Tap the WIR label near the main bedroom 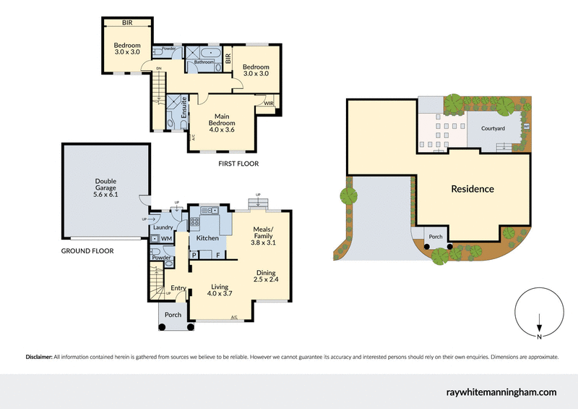[x=269, y=104]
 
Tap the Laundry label [x=161, y=227]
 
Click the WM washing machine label [x=165, y=238]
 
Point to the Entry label [x=178, y=288]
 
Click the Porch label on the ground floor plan [x=173, y=315]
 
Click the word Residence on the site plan [x=473, y=189]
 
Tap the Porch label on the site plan [x=436, y=236]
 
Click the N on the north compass [x=540, y=336]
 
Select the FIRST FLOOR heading [x=238, y=164]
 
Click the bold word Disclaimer [x=38, y=357]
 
